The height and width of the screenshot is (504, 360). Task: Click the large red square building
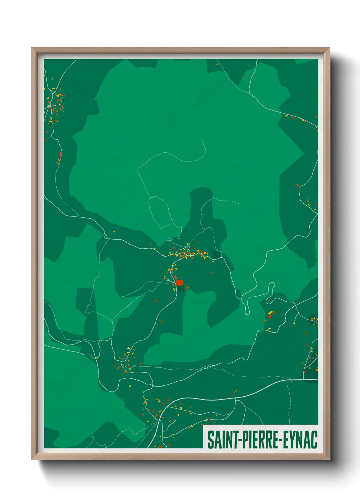[x=179, y=283]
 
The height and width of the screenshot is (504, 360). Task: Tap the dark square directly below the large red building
[x=186, y=289]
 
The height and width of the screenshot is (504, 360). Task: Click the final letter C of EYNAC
[x=314, y=440]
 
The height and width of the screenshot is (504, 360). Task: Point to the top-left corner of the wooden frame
[x=32, y=48]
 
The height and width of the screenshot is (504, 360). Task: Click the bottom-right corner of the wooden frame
[x=329, y=459]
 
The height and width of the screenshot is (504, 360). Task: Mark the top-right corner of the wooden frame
[x=329, y=48]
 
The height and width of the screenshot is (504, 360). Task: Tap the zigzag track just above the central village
[x=174, y=238]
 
